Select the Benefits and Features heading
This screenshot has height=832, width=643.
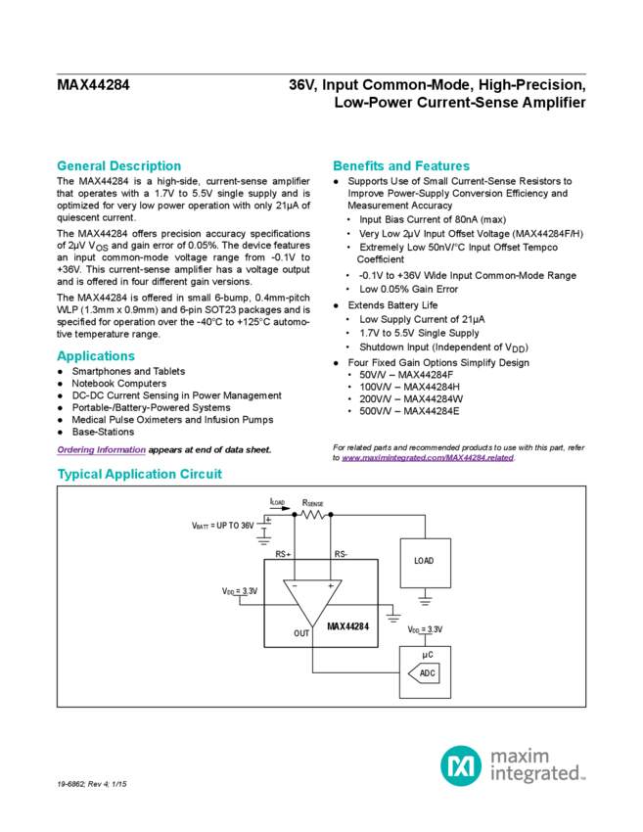point(401,165)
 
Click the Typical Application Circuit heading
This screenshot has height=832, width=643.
point(140,474)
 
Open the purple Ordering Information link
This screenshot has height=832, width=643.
point(101,449)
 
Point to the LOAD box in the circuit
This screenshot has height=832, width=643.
point(425,562)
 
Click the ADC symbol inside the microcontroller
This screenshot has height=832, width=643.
point(427,673)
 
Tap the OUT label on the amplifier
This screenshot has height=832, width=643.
point(301,633)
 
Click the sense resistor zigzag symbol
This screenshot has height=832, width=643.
point(313,514)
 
